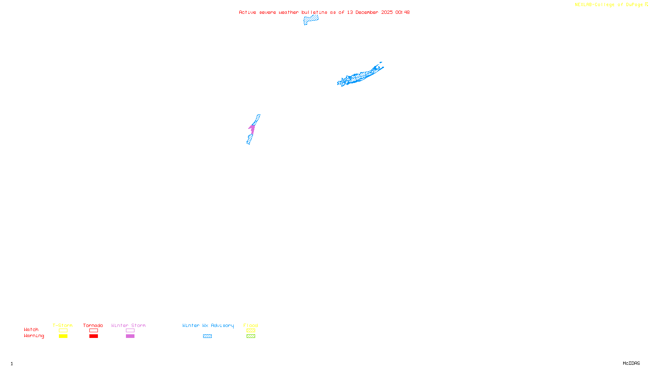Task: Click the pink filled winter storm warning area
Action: (x=252, y=129)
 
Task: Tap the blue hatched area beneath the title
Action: (x=311, y=19)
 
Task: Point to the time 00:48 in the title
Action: (x=402, y=12)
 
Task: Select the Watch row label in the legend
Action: (x=31, y=329)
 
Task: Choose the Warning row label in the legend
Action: (x=34, y=336)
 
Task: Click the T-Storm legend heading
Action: (x=63, y=325)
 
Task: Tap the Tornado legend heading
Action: (x=93, y=325)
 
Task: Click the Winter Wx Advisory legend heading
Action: (x=208, y=325)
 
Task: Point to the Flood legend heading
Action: (x=251, y=325)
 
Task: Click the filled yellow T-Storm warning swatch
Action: (x=63, y=336)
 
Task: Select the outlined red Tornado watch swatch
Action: (x=93, y=331)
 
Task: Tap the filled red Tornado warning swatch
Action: (x=93, y=336)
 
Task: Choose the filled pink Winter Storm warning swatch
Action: (x=130, y=336)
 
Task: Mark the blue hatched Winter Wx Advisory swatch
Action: (x=207, y=336)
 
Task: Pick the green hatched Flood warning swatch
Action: (x=251, y=336)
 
